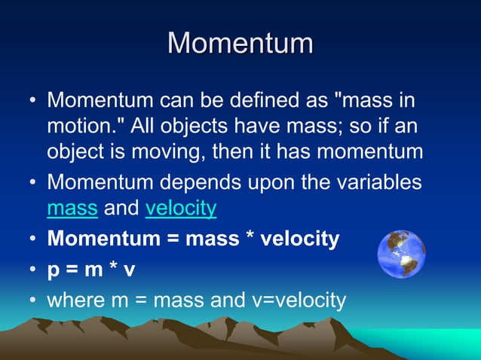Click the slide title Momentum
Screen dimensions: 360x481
pyautogui.click(x=240, y=43)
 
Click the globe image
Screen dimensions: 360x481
pyautogui.click(x=401, y=255)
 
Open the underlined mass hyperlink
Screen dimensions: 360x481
pyautogui.click(x=72, y=208)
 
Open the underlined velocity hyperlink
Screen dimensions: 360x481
pyautogui.click(x=181, y=208)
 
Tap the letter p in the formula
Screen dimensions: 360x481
pyautogui.click(x=54, y=270)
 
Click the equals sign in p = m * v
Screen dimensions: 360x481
pyautogui.click(x=73, y=270)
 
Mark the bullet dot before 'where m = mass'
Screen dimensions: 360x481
pyautogui.click(x=32, y=301)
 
